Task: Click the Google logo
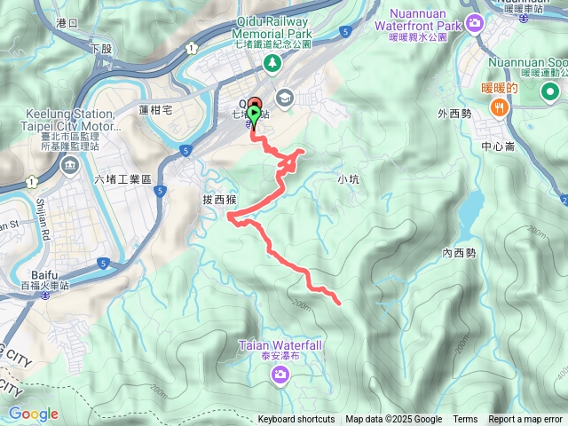(33, 414)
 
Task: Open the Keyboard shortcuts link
(296, 420)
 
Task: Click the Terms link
(465, 420)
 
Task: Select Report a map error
(526, 420)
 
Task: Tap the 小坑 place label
(349, 179)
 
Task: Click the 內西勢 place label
(459, 253)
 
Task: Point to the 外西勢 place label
(454, 114)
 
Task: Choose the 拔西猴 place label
(217, 201)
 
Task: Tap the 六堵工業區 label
(123, 179)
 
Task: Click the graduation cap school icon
(285, 97)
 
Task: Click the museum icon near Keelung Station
(69, 165)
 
